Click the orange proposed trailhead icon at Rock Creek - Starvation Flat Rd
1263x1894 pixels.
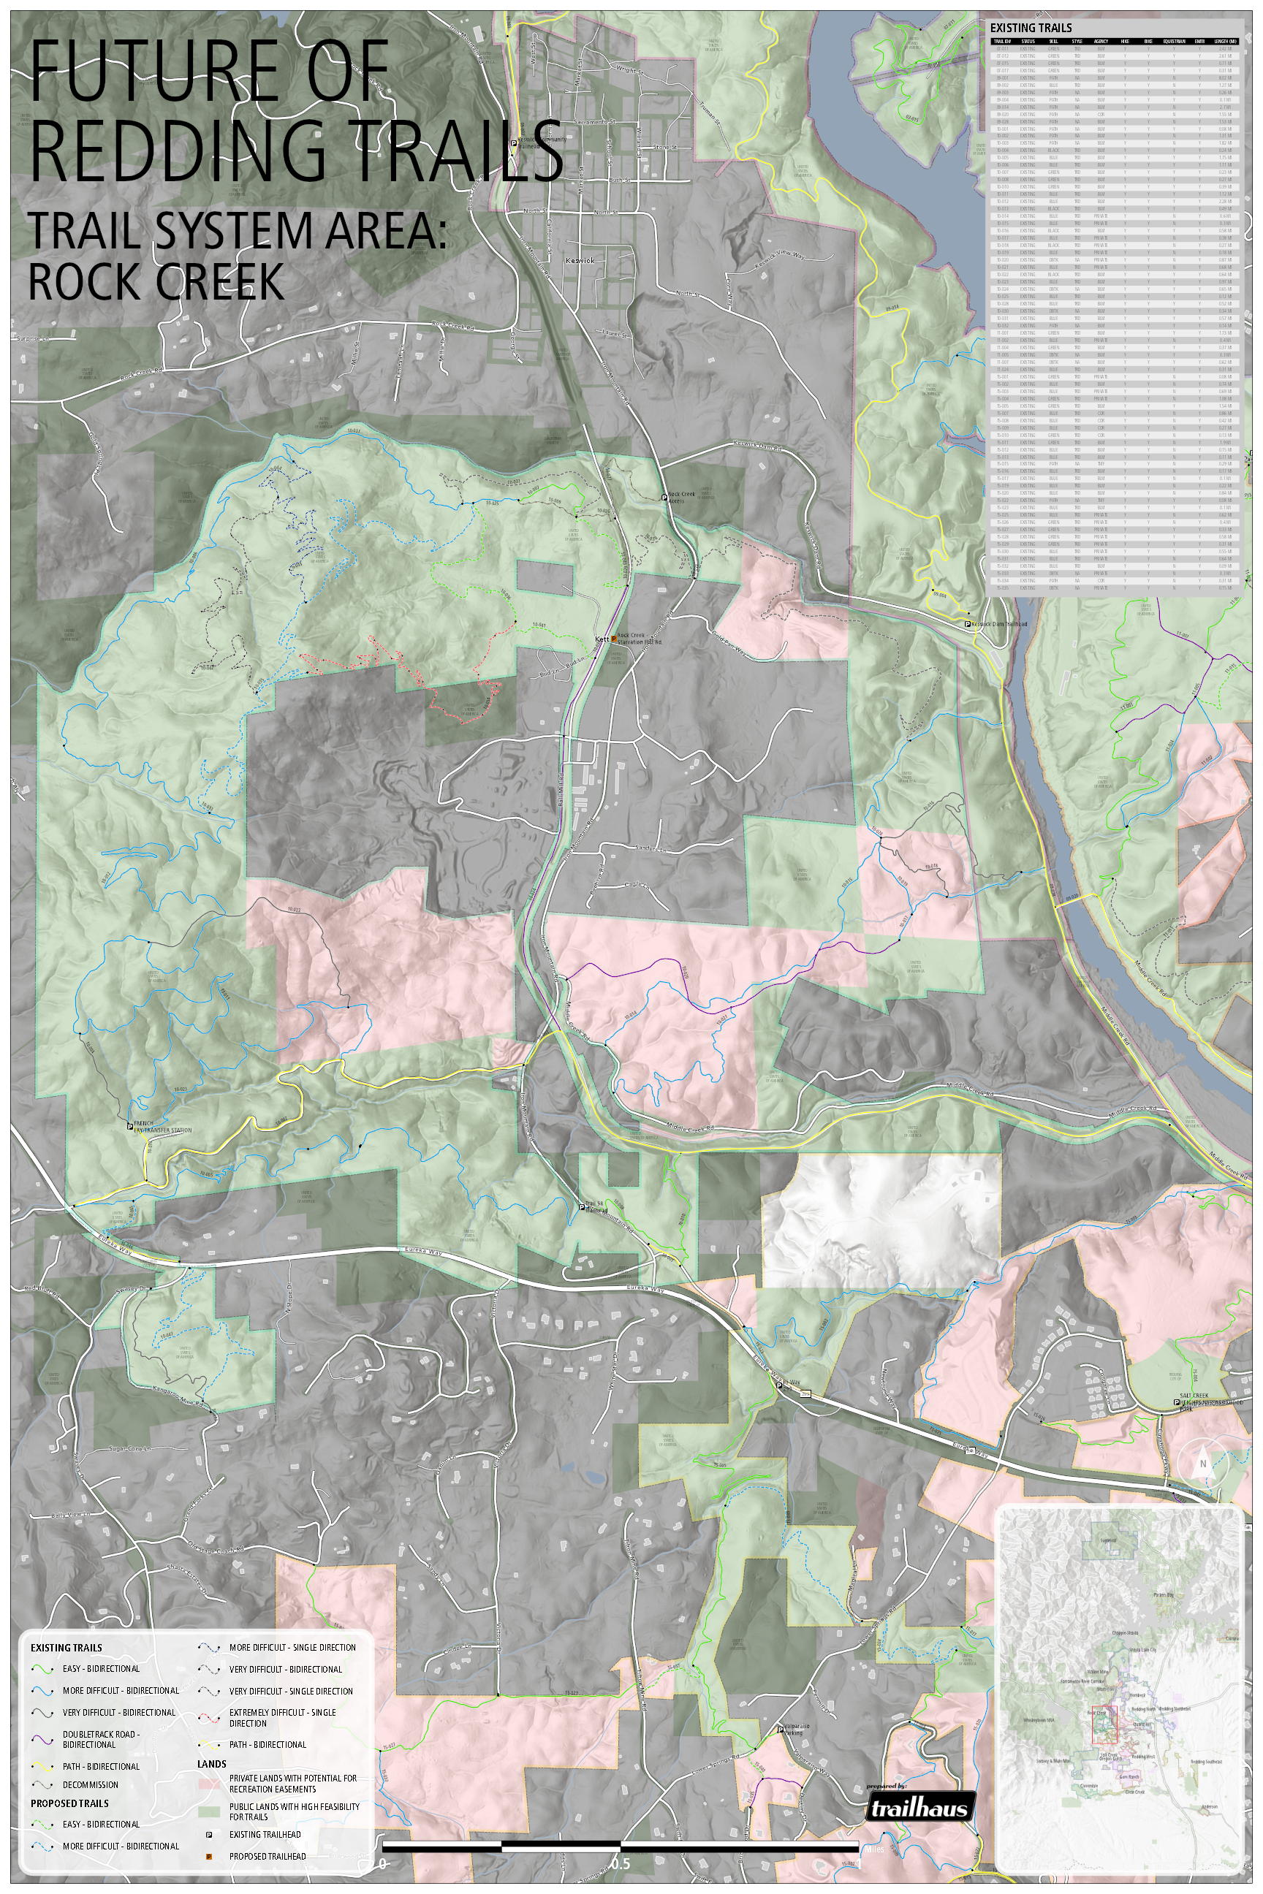(614, 638)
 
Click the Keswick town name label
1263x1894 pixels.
(580, 261)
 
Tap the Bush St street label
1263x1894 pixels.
(618, 180)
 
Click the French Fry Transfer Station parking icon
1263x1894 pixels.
(129, 1126)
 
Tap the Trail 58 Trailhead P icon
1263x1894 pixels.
(583, 1206)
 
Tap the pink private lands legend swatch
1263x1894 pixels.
(210, 1783)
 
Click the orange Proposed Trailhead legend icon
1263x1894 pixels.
(210, 1856)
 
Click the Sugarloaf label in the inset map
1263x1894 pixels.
(1108, 1540)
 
